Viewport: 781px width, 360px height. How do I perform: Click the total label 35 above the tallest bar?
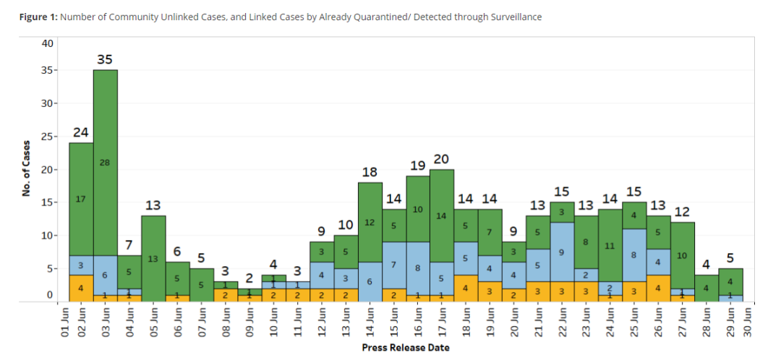(x=105, y=59)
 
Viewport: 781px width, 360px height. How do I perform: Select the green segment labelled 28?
(x=105, y=163)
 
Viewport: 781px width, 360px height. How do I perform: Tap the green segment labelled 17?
(x=81, y=199)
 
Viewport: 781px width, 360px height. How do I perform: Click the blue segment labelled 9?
(x=562, y=252)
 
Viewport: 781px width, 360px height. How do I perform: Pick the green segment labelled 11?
(x=610, y=245)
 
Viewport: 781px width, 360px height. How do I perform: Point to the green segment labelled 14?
(x=442, y=215)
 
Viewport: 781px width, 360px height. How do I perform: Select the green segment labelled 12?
(x=370, y=223)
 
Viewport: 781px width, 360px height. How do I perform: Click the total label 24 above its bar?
(x=81, y=132)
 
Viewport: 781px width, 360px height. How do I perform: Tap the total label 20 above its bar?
(x=442, y=159)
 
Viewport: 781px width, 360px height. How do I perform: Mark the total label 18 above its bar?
(x=370, y=172)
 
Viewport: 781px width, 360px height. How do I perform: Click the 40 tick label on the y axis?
(x=48, y=43)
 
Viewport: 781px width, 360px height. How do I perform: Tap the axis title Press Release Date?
(x=406, y=348)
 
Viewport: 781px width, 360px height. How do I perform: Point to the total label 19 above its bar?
(x=418, y=166)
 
